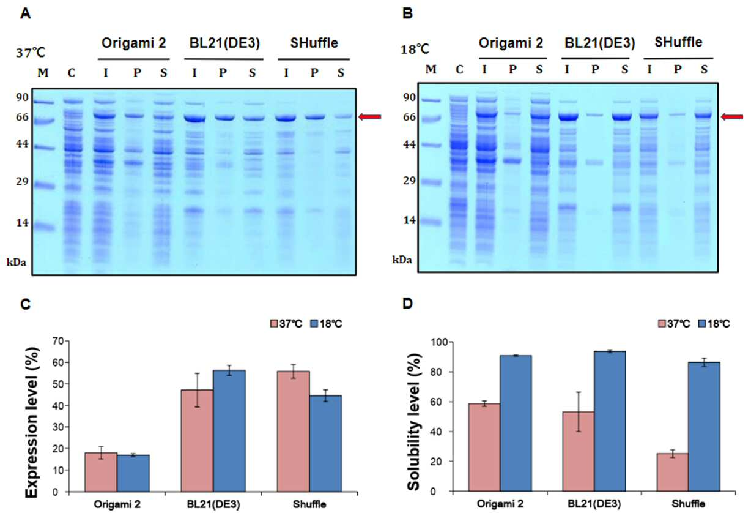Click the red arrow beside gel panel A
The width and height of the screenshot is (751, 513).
pyautogui.click(x=370, y=117)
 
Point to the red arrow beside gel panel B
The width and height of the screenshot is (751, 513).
pyautogui.click(x=732, y=117)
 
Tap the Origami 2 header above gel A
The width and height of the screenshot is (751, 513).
pyautogui.click(x=134, y=43)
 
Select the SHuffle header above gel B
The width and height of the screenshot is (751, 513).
pyautogui.click(x=678, y=42)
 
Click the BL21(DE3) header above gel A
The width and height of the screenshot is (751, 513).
pyautogui.click(x=224, y=43)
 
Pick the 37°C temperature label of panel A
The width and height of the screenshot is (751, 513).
pyautogui.click(x=31, y=53)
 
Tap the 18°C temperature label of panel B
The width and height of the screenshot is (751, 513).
pyautogui.click(x=415, y=50)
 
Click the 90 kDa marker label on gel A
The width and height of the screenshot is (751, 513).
pyautogui.click(x=23, y=97)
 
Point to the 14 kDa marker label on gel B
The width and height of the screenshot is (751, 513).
pyautogui.click(x=409, y=220)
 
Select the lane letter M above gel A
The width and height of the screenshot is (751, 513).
pyautogui.click(x=43, y=72)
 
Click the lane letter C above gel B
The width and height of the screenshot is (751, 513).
pyautogui.click(x=459, y=69)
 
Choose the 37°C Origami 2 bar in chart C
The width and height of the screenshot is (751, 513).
pyautogui.click(x=101, y=472)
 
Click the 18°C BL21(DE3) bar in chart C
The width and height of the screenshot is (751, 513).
pyautogui.click(x=229, y=431)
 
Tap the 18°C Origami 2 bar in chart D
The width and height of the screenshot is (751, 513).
pyautogui.click(x=516, y=424)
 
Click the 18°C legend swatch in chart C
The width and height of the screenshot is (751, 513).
pyautogui.click(x=314, y=324)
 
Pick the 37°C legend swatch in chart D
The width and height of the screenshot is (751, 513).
pyautogui.click(x=662, y=324)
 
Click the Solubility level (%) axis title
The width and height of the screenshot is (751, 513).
pyautogui.click(x=415, y=422)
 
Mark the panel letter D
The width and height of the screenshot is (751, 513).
pyautogui.click(x=407, y=303)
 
